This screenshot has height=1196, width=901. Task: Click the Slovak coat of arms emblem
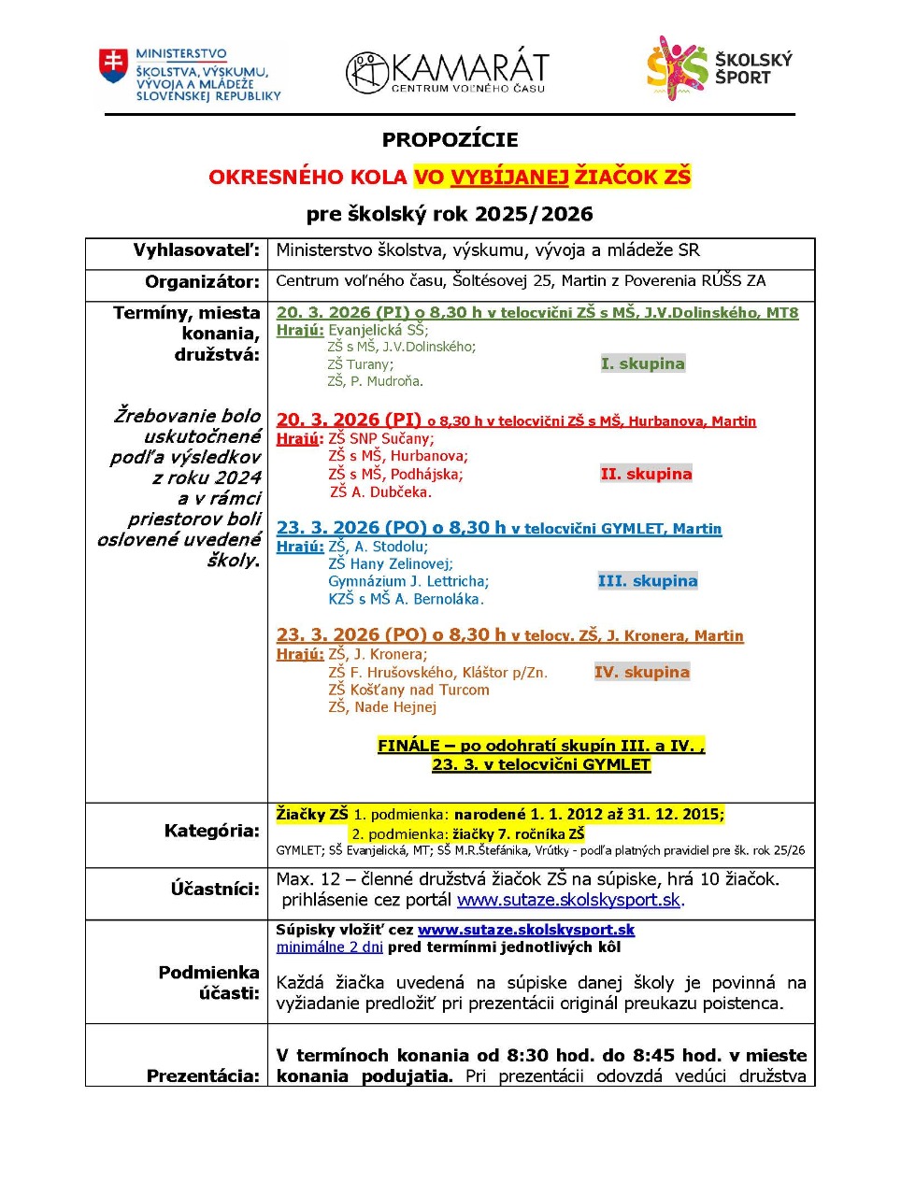click(113, 66)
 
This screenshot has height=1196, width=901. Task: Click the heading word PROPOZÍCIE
click(450, 140)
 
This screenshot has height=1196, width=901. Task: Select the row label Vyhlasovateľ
click(196, 250)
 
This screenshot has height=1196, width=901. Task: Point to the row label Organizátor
click(202, 281)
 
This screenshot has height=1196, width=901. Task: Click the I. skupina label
click(642, 363)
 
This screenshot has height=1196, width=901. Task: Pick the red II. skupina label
click(646, 474)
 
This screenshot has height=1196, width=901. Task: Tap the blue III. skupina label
click(647, 581)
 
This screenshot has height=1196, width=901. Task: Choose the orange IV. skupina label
click(641, 672)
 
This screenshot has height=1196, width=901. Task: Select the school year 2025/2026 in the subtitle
click(534, 214)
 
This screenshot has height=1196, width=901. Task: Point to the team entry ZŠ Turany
click(360, 364)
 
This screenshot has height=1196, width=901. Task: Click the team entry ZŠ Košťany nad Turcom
click(408, 690)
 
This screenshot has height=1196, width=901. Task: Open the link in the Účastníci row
click(568, 900)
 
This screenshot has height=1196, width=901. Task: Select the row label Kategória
click(211, 831)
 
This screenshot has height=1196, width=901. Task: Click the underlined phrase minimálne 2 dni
click(329, 947)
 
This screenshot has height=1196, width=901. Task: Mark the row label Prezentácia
click(202, 1075)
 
